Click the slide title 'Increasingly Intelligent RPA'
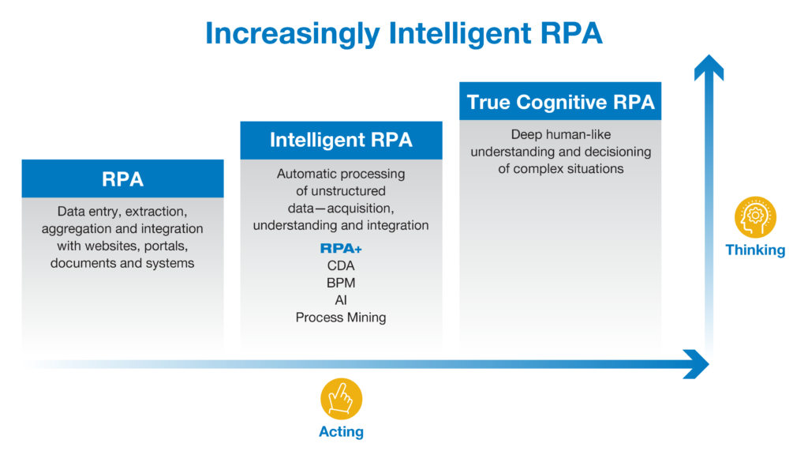click(x=403, y=34)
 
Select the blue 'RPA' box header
click(x=122, y=179)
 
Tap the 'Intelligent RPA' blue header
click(x=341, y=141)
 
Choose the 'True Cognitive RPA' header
click(x=560, y=102)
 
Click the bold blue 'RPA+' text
click(x=341, y=249)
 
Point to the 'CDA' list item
click(x=341, y=266)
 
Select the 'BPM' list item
click(x=341, y=283)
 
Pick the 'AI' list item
click(x=341, y=300)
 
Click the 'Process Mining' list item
click(x=341, y=318)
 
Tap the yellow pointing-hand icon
click(x=341, y=399)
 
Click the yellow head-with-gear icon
click(x=755, y=217)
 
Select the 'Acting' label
click(x=341, y=432)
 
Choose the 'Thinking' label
click(x=755, y=250)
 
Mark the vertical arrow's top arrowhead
click(x=709, y=67)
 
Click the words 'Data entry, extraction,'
click(x=122, y=212)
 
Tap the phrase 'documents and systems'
click(x=122, y=263)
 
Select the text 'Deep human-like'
click(x=560, y=134)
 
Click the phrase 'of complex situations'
click(x=560, y=168)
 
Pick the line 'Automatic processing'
click(x=341, y=174)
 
